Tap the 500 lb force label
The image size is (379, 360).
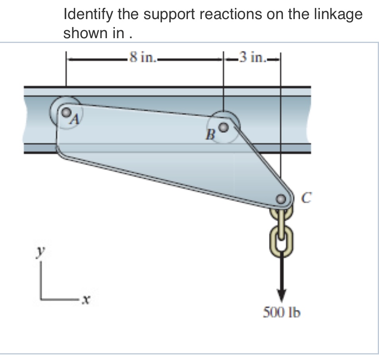282,313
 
